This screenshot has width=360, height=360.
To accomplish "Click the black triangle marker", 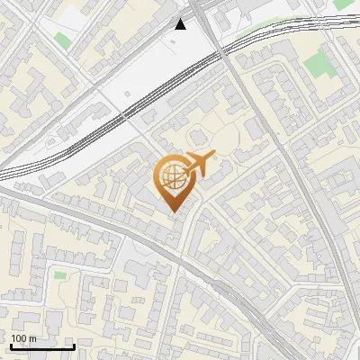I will coord(181,23).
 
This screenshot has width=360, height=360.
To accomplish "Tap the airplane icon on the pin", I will coord(199,164).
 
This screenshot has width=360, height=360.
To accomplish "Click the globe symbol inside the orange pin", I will coord(172,176).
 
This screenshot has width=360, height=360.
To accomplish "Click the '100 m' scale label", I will coord(23,338).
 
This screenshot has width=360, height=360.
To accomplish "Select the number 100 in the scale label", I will coord(19,338).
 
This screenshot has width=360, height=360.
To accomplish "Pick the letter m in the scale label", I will coord(32,338).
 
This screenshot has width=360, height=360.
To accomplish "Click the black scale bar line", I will coord(42,346).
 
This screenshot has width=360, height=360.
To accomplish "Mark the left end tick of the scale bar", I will coord(11,345).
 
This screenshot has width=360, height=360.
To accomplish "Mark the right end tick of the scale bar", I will coord(74,345).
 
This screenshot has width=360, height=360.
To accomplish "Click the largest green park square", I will coord(316,64).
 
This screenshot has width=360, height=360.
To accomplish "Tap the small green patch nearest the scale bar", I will coord(60,274).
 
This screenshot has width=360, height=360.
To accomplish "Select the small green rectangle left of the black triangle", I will coord(62,40).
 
